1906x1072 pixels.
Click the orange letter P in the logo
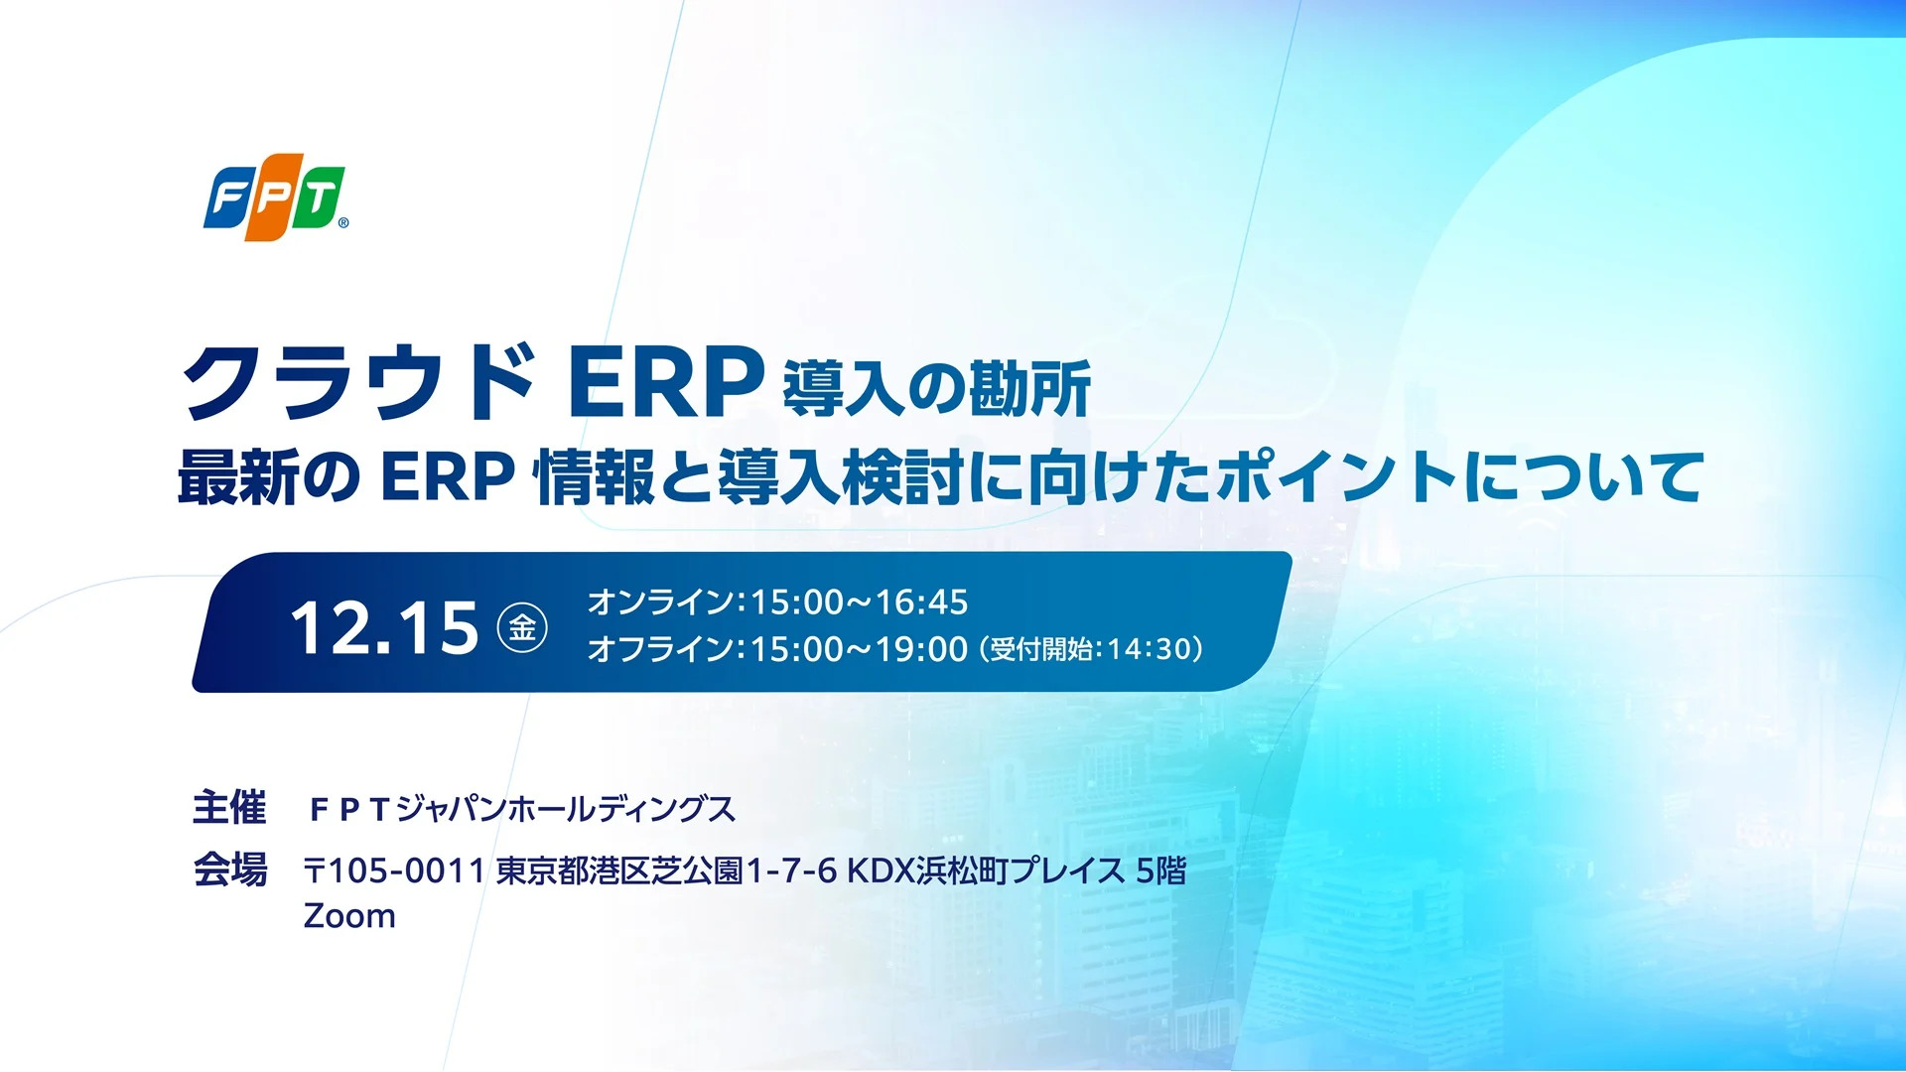coord(274,197)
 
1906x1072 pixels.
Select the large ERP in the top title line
coord(666,382)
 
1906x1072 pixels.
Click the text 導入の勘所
coord(937,388)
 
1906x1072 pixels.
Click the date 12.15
coord(384,627)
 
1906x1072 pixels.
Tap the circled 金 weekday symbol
coord(522,627)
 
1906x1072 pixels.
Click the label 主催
coord(229,807)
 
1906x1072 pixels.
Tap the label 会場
coord(229,870)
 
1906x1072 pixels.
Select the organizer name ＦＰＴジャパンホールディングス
coord(522,809)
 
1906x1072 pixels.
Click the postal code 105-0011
coord(405,871)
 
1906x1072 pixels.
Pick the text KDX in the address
coord(880,871)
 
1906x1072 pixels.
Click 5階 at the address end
coord(1160,871)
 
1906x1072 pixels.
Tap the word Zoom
coord(349,915)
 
